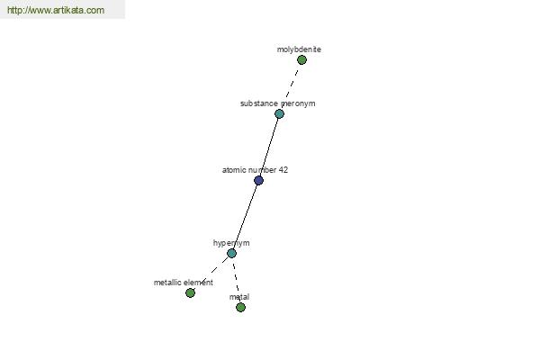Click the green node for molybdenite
pyautogui.click(x=301, y=60)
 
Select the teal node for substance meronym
pyautogui.click(x=279, y=113)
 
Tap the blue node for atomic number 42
pyautogui.click(x=258, y=180)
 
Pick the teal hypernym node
pyautogui.click(x=232, y=253)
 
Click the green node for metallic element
pyautogui.click(x=190, y=292)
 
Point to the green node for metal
pyautogui.click(x=240, y=307)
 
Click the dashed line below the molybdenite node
pyautogui.click(x=291, y=86)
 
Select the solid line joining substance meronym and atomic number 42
pyautogui.click(x=269, y=147)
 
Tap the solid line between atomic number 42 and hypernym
pyautogui.click(x=245, y=217)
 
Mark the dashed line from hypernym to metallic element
pyautogui.click(x=211, y=273)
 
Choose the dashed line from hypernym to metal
pyautogui.click(x=236, y=280)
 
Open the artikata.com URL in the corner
pyautogui.click(x=56, y=10)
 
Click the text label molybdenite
pyautogui.click(x=299, y=49)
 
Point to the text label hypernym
pyautogui.click(x=231, y=243)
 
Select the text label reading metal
pyautogui.click(x=239, y=297)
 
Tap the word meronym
pyautogui.click(x=298, y=103)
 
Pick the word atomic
pyautogui.click(x=232, y=170)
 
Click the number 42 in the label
pyautogui.click(x=283, y=170)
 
